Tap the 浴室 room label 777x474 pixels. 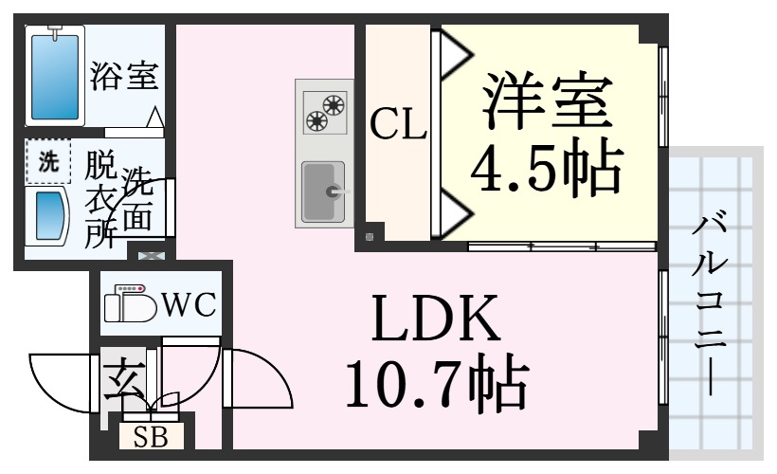(x=124, y=76)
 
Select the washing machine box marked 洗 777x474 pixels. (x=48, y=162)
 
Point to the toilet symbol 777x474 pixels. (x=131, y=303)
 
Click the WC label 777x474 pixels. (x=189, y=303)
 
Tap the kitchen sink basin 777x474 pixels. (x=323, y=191)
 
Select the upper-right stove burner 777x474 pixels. (x=334, y=104)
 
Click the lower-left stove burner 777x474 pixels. (x=316, y=120)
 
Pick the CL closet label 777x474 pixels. (x=398, y=124)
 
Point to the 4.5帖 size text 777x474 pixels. (x=546, y=166)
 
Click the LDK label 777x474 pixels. (x=436, y=318)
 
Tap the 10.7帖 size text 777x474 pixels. (x=437, y=382)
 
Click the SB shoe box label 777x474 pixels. (x=152, y=437)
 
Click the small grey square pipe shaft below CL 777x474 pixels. (x=370, y=237)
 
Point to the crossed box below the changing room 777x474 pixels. (x=151, y=256)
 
